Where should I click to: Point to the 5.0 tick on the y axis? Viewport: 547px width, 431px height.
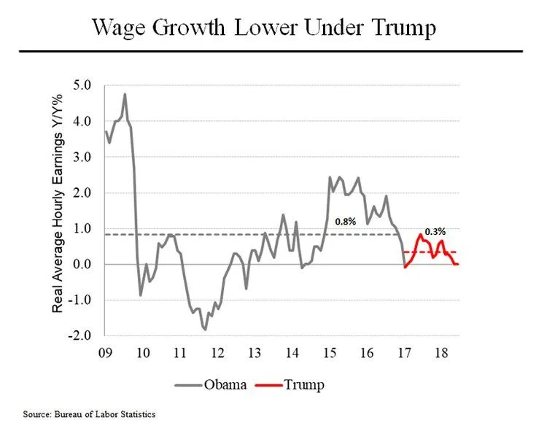[x=84, y=85]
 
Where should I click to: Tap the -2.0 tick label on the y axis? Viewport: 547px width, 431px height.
[x=82, y=335]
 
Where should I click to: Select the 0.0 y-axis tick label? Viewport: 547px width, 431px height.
[x=84, y=264]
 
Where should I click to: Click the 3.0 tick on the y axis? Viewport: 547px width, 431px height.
[x=84, y=157]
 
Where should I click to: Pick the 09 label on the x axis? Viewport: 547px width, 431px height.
[x=105, y=354]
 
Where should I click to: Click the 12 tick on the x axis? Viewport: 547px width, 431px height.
[x=218, y=354]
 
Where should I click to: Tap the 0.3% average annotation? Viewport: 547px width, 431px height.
[x=435, y=231]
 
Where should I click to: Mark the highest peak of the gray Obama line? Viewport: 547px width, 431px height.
[x=125, y=94]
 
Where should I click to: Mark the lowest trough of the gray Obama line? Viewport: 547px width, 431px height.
[x=205, y=330]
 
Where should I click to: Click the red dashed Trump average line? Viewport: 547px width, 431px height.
[x=438, y=252]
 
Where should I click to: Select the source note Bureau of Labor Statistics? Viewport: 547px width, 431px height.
[x=89, y=414]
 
